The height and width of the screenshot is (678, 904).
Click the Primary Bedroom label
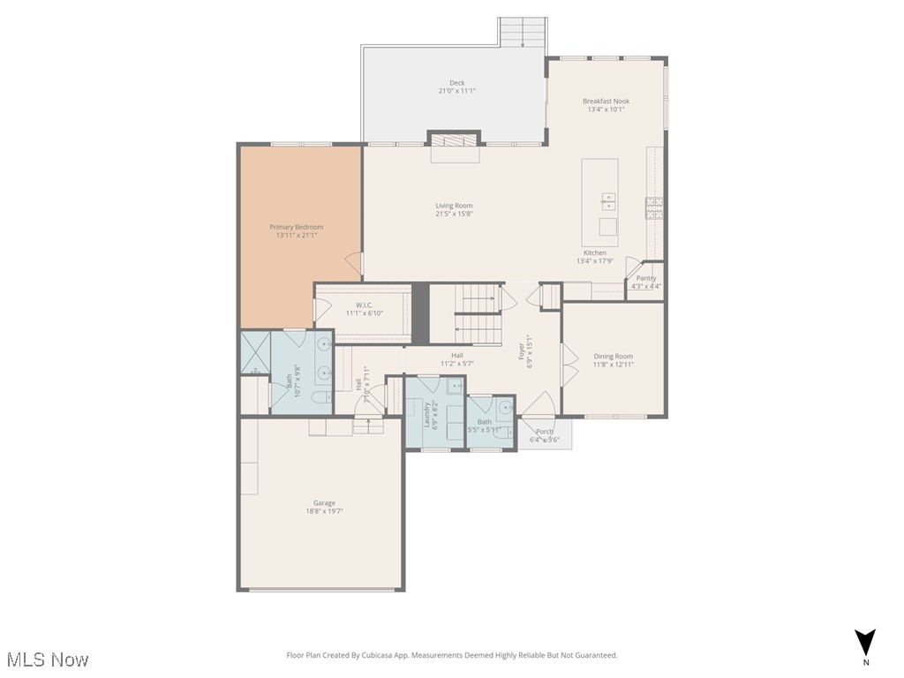[296, 227]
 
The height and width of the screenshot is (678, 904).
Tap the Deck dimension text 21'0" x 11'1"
[456, 91]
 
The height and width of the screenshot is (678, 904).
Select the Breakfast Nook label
[606, 101]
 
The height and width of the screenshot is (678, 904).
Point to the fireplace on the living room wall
[455, 141]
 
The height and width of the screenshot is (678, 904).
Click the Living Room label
[454, 206]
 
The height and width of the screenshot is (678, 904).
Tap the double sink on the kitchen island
[608, 200]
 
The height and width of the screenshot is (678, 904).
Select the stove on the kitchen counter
[654, 208]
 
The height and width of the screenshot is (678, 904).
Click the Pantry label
[646, 278]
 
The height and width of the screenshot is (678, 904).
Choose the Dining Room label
[613, 357]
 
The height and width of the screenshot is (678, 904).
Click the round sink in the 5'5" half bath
[504, 408]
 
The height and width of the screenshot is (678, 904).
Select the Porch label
[545, 432]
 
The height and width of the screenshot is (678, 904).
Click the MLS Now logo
[48, 659]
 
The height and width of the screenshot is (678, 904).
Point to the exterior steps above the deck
[523, 33]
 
